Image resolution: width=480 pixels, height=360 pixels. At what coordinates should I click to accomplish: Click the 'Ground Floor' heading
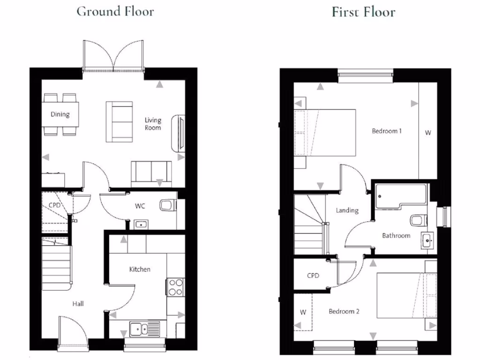pos(115,11)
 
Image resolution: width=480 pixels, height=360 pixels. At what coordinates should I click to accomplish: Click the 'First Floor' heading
pos(363,12)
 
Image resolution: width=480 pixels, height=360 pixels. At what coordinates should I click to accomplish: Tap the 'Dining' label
pos(60,114)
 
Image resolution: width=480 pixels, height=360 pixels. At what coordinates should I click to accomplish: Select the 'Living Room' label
pos(153,124)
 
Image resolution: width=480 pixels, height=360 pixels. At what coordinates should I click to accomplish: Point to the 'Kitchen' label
pos(140,269)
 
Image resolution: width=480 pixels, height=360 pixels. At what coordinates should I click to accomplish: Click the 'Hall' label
pos(78,304)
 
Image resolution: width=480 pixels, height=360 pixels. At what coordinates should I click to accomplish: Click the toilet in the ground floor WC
pos(168,205)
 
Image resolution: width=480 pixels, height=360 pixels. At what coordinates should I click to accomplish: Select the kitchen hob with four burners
pos(175,287)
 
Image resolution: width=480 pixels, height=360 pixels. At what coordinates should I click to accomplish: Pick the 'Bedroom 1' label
pos(386,131)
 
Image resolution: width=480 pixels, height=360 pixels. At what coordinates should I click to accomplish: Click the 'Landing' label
pos(347,210)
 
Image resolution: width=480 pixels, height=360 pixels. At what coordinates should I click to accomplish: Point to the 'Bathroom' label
pos(396,235)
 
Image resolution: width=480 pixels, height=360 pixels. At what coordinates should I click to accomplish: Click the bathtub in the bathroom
pos(401,196)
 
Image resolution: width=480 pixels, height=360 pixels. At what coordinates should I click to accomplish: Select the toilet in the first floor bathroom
pos(417,220)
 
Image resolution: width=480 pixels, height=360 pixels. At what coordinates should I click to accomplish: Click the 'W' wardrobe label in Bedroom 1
pos(427,133)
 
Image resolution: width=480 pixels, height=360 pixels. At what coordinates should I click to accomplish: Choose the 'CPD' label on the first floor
pos(313,276)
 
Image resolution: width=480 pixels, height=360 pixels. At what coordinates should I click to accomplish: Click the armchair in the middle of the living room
pos(119,121)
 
